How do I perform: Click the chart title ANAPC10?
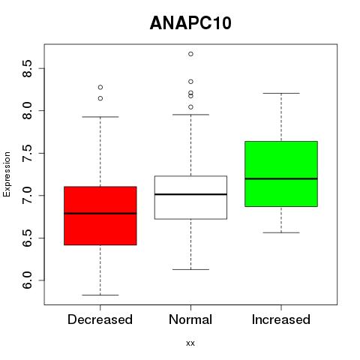[x=190, y=23]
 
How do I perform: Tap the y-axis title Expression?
[x=7, y=174]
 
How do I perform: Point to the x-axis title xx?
[x=190, y=343]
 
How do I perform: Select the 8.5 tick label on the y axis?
[x=27, y=68]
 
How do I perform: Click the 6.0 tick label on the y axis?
[x=27, y=280]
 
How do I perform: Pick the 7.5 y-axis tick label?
[x=27, y=153]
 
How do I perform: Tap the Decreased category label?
[x=100, y=319]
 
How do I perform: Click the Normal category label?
[x=190, y=319]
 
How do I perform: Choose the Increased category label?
[x=281, y=319]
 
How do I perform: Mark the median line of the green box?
[x=281, y=178]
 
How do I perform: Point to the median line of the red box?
[x=100, y=213]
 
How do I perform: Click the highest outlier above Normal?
[x=190, y=54]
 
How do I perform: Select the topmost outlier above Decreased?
[x=100, y=87]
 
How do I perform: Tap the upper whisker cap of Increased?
[x=281, y=93]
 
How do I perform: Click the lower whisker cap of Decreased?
[x=100, y=295]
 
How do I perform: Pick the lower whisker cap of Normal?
[x=190, y=269]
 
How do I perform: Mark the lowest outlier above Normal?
[x=190, y=107]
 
